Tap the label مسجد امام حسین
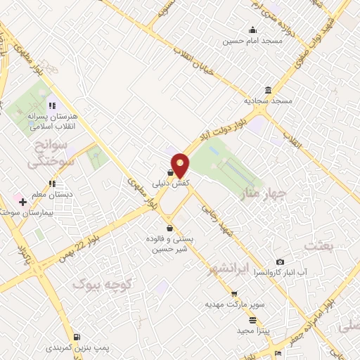coord(253,40)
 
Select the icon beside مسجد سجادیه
coord(269,90)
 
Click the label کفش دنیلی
coord(171,183)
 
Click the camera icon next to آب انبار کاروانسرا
coord(280,262)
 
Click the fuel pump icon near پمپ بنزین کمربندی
coord(75,336)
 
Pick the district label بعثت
coord(319,245)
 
